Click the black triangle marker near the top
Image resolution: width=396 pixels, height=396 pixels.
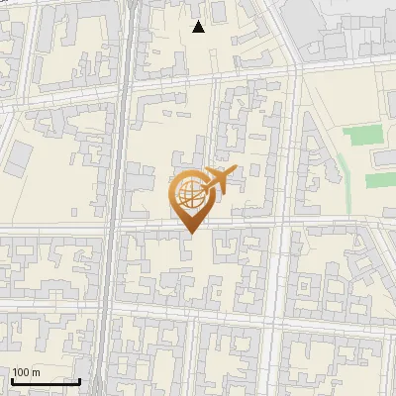199,27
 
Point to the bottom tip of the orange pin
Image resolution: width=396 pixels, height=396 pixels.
188,233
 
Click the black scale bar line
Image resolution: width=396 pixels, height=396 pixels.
46,381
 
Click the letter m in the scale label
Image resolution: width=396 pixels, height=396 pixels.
36,372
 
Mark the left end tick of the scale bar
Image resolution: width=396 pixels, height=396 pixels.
12,379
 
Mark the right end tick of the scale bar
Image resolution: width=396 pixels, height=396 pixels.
79,379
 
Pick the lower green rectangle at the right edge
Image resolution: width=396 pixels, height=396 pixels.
381,180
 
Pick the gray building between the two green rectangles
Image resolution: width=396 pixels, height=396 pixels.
382,158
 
